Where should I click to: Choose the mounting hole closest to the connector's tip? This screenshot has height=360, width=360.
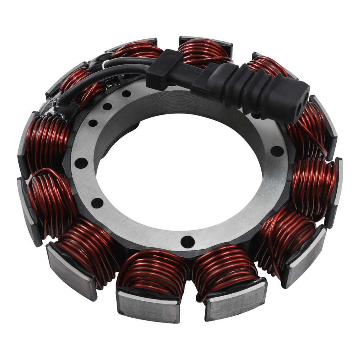tap(277, 151)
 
